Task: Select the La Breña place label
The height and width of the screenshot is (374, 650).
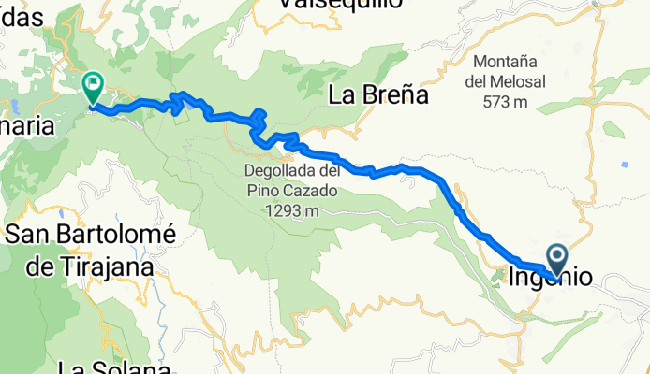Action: [377, 95]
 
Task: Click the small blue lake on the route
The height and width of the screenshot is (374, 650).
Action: [191, 106]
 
